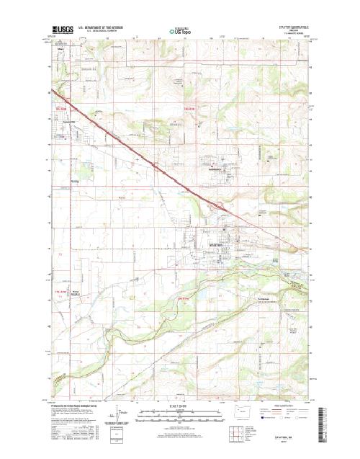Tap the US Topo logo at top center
coord(179,31)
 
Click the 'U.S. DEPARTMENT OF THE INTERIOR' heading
coord(104,27)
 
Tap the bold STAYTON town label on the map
coord(217,246)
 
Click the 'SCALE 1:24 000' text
coord(179,407)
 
